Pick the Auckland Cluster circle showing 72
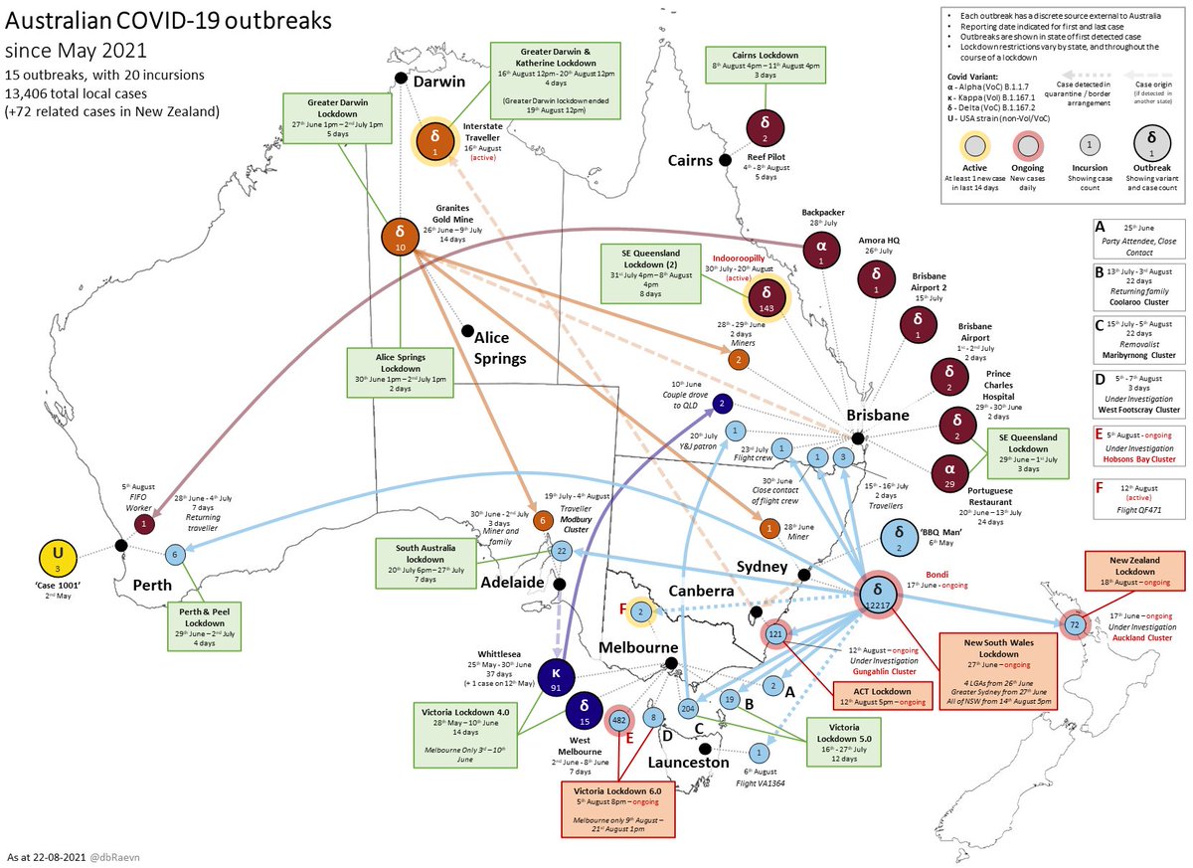click(1075, 625)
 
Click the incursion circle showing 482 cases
click(619, 719)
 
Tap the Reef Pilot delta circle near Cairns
click(765, 128)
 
